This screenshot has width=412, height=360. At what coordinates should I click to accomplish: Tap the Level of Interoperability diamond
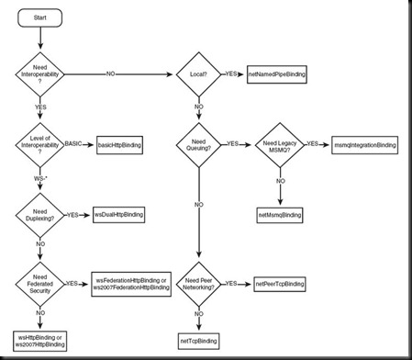tap(40, 146)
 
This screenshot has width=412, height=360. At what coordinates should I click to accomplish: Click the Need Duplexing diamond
tap(40, 215)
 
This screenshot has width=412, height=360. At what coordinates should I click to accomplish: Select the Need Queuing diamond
tap(198, 146)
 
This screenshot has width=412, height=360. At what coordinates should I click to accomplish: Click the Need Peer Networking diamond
tap(198, 284)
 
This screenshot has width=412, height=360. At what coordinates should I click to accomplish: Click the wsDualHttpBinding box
tap(119, 215)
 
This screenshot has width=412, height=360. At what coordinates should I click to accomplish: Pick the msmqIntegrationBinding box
tap(365, 146)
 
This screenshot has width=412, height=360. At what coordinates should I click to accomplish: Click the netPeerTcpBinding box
tap(280, 284)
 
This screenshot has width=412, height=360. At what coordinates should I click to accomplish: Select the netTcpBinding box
tap(198, 341)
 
